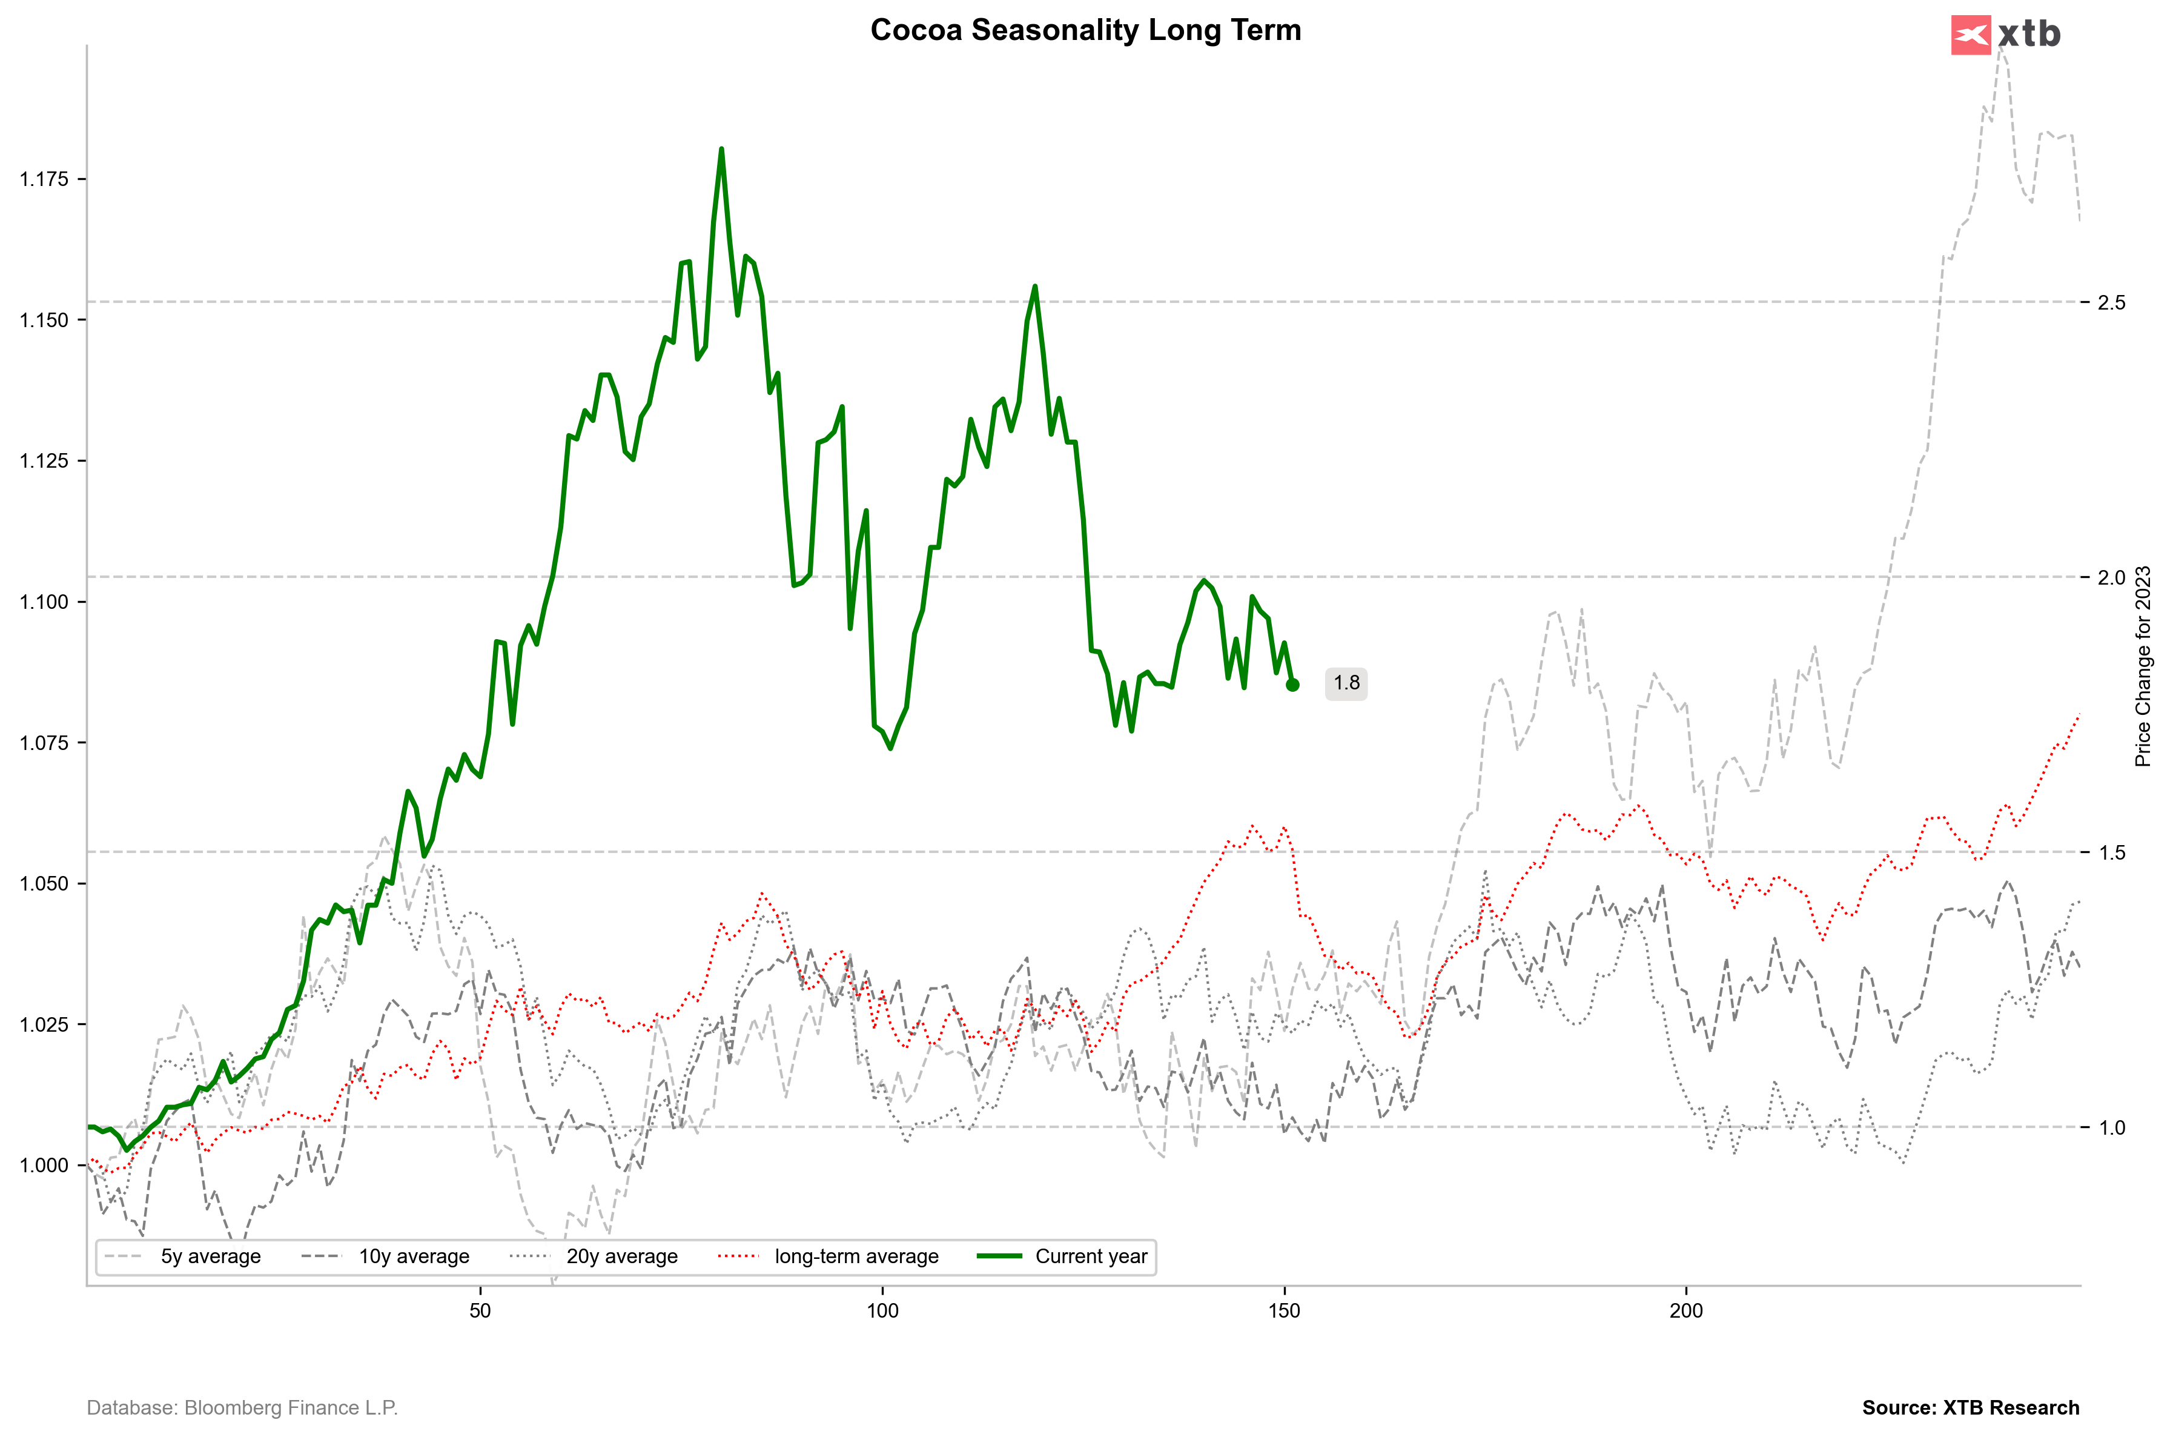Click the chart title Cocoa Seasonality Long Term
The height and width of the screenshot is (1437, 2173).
(x=1085, y=30)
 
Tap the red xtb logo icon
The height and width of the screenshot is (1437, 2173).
(x=1971, y=35)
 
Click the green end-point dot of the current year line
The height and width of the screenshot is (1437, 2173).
(x=1292, y=685)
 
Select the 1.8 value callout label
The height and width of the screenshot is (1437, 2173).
(x=1346, y=683)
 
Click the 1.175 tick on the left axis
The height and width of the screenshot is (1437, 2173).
(x=44, y=179)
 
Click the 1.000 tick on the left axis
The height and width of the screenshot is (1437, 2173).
(x=44, y=1166)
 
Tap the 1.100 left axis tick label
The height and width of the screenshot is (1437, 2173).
(x=44, y=602)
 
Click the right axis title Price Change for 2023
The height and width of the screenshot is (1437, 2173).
(x=2143, y=666)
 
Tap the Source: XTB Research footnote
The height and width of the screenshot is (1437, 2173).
(x=1971, y=1408)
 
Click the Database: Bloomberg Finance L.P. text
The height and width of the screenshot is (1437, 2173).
(x=243, y=1408)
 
